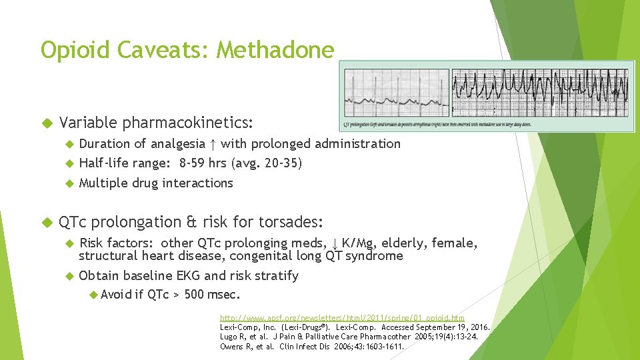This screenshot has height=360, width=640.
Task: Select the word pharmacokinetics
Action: (187, 123)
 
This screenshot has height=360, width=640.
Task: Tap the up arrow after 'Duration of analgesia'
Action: (212, 144)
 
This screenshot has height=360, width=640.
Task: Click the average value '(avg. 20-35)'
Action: (267, 163)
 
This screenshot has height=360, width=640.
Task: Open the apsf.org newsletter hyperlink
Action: (342, 318)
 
